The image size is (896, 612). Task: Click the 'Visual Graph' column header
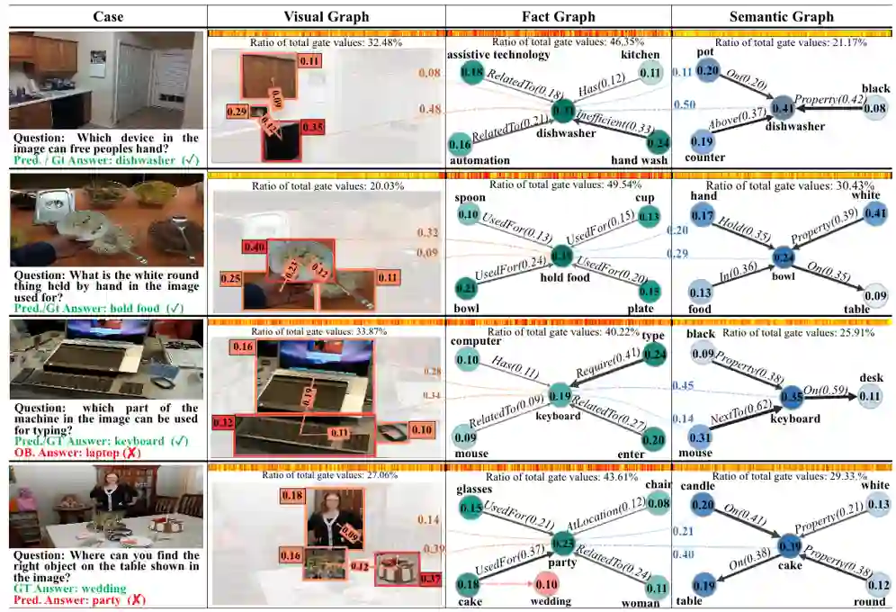click(x=326, y=16)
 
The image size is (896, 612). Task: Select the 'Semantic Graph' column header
click(x=782, y=16)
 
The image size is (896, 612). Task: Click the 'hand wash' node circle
click(x=658, y=140)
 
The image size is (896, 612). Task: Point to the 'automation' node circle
click(x=460, y=143)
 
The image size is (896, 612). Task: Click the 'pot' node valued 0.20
click(x=708, y=70)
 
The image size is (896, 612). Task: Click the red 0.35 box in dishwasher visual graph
click(x=311, y=127)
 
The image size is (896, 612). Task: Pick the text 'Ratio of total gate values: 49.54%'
click(x=559, y=184)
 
